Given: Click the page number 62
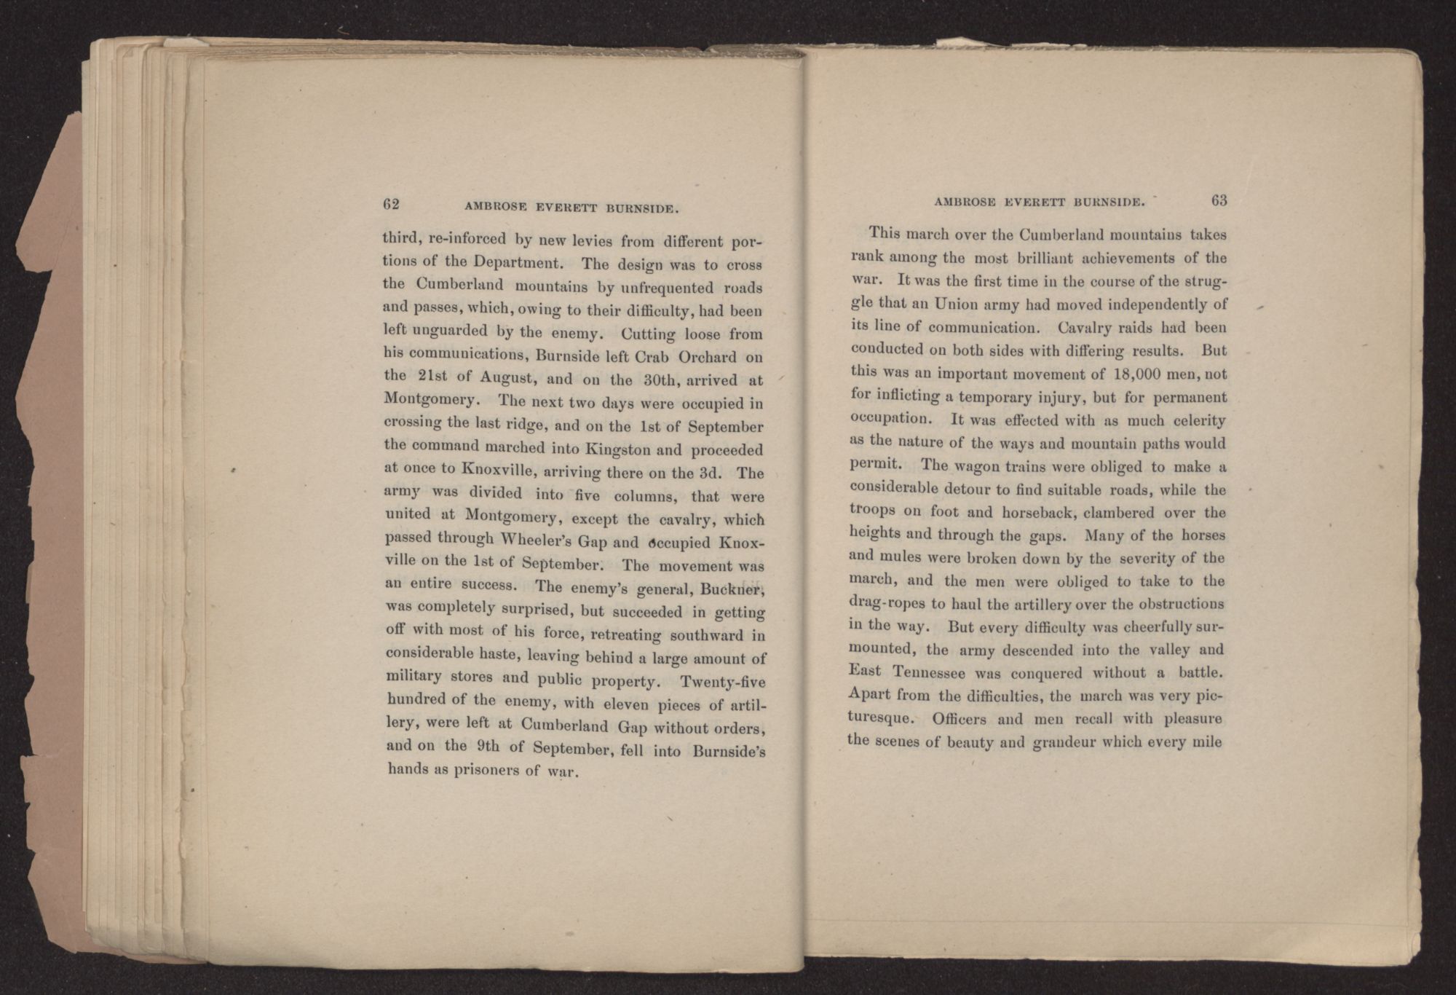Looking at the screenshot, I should (x=392, y=204).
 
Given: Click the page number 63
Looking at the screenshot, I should (x=1219, y=200).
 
